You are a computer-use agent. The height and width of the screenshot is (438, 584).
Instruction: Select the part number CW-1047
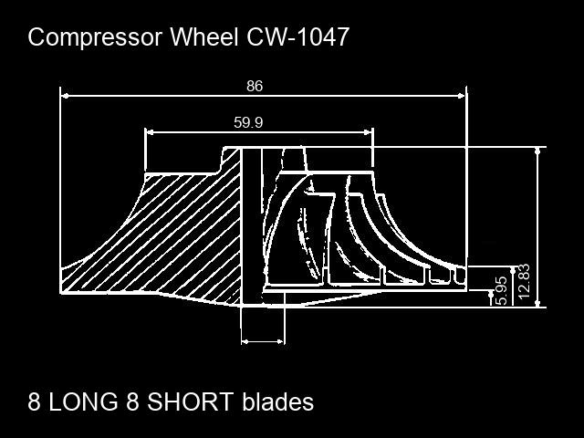[x=297, y=37]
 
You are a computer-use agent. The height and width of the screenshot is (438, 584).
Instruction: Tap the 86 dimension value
[x=255, y=86]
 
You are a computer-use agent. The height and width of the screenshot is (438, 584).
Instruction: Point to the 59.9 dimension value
[x=248, y=122]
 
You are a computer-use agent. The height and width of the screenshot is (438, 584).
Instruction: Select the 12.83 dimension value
[x=523, y=283]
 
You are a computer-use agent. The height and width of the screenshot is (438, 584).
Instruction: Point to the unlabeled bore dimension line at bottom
[x=263, y=341]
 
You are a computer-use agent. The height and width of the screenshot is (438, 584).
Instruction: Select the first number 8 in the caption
[x=35, y=401]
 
